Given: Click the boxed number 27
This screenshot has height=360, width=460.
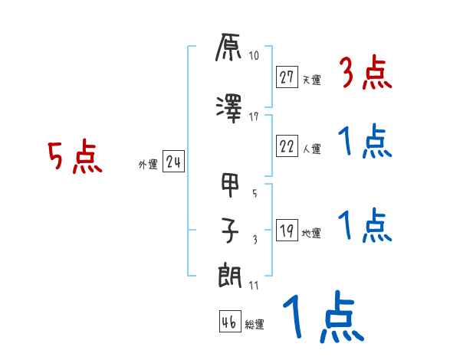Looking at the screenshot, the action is pos(287,77).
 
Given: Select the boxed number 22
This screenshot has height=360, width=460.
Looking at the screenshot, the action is pos(287,147).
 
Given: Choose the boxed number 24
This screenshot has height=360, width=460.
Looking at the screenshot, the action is pos(173,162).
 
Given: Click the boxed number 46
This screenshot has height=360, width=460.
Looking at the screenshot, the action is pos(229,322).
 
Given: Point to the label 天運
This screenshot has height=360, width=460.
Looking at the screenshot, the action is pos(311,80).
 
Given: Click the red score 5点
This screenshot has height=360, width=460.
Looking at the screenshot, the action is pos(75,157).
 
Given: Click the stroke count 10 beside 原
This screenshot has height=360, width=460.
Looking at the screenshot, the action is pos(254,56).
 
